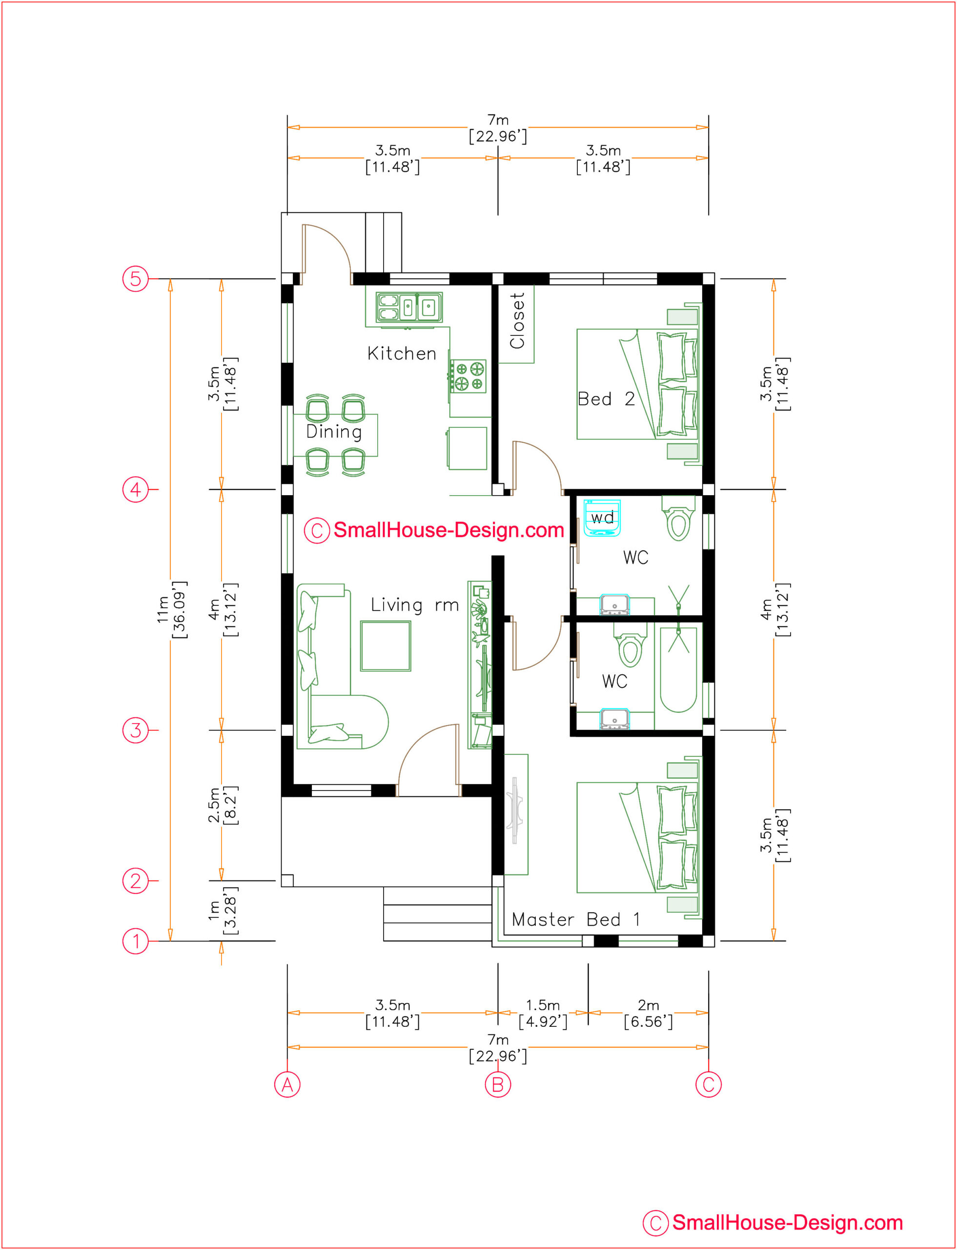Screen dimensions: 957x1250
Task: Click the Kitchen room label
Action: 402,354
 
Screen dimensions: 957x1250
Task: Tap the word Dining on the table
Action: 334,432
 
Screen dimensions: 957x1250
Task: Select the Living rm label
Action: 415,605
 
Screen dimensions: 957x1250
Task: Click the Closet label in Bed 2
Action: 517,320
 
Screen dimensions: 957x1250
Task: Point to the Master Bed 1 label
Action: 575,919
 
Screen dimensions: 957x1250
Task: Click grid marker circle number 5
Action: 136,279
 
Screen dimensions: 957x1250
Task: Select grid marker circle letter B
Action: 498,1084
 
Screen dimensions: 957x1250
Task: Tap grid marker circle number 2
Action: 136,881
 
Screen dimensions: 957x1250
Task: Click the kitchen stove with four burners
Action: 468,376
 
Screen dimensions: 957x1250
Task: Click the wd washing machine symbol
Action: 602,518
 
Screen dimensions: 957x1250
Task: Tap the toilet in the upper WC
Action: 678,518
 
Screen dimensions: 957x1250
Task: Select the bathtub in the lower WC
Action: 678,670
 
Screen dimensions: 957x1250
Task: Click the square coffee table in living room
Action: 386,646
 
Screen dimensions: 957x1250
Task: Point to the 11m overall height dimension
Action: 170,609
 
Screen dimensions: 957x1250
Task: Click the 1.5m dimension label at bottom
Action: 543,1013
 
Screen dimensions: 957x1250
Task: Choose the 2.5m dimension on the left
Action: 222,805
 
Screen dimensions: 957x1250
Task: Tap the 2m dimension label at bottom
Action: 648,1013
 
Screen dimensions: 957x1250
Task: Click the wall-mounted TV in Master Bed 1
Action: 516,810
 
